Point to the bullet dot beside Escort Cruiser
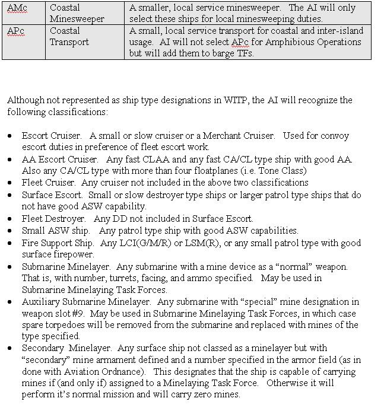[x=10, y=136]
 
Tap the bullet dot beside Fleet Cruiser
[x=10, y=183]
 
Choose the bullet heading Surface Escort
[x=50, y=195]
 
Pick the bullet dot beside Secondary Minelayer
[x=10, y=348]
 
